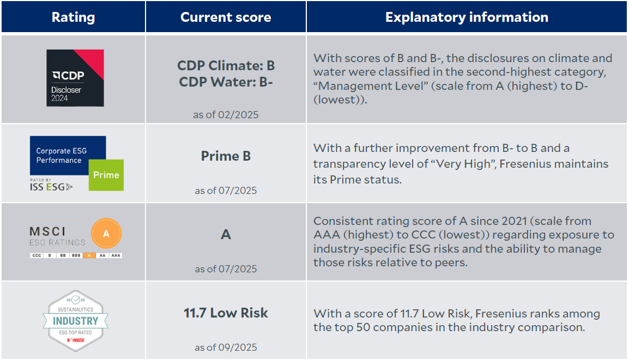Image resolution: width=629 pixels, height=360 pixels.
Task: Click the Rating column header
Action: [x=73, y=17]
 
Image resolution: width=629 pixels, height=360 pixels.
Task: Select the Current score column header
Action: [x=226, y=17]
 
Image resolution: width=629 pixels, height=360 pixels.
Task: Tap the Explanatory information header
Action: [x=467, y=17]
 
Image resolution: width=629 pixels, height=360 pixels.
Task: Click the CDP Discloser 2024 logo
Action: [x=75, y=78]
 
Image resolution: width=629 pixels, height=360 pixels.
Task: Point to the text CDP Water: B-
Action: [x=226, y=82]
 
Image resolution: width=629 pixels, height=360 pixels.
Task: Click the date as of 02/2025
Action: [x=226, y=114]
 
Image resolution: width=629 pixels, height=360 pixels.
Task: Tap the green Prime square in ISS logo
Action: [x=106, y=175]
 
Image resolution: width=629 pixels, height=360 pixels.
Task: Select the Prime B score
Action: [x=226, y=156]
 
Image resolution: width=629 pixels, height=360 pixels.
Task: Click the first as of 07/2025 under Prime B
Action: [x=226, y=191]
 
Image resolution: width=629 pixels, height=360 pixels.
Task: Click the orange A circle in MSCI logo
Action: [x=106, y=234]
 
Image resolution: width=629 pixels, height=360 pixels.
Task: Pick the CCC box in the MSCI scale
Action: [x=37, y=255]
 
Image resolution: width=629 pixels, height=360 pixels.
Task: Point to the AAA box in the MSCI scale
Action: [x=116, y=255]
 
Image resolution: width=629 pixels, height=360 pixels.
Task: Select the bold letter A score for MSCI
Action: [x=226, y=234]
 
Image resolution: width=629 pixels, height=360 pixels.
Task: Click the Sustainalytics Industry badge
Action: [x=76, y=320]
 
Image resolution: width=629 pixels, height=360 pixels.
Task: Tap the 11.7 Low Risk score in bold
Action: [x=226, y=313]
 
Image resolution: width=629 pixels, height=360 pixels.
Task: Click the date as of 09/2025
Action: [x=226, y=347]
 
